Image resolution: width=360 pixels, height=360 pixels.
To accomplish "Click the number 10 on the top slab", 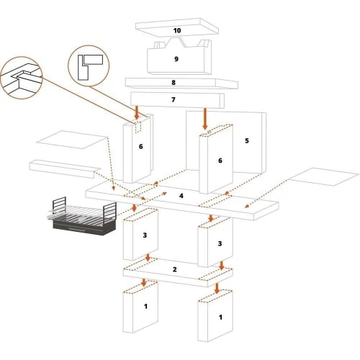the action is [177, 30].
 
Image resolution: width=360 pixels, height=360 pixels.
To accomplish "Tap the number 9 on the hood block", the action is [176, 59].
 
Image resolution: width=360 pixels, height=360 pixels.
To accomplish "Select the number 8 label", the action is [174, 83].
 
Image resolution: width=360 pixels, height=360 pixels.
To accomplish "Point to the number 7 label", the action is [174, 99].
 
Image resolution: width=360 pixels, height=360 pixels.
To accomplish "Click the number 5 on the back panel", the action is [247, 140].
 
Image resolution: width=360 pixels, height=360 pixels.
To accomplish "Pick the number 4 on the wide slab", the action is [181, 196].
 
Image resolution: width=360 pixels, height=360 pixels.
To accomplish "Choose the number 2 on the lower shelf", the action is [174, 269].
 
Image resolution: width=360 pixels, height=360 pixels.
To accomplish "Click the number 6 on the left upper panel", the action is [141, 146].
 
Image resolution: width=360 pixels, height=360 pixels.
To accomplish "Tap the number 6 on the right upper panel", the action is [220, 161].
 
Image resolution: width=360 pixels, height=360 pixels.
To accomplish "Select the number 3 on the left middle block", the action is [145, 235].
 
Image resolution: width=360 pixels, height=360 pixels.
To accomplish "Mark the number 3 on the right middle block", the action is [220, 243].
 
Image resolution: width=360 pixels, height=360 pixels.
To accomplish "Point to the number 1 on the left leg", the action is [145, 306].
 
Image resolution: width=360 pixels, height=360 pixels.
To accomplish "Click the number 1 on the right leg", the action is [220, 318].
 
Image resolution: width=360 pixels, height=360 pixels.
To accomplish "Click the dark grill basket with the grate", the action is [82, 217].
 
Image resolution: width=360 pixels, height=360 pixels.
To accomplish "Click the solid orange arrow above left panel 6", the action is [137, 113].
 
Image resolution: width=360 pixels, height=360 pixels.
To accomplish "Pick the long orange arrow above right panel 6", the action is [204, 119].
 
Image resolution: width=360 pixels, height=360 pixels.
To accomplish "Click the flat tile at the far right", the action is [323, 177].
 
